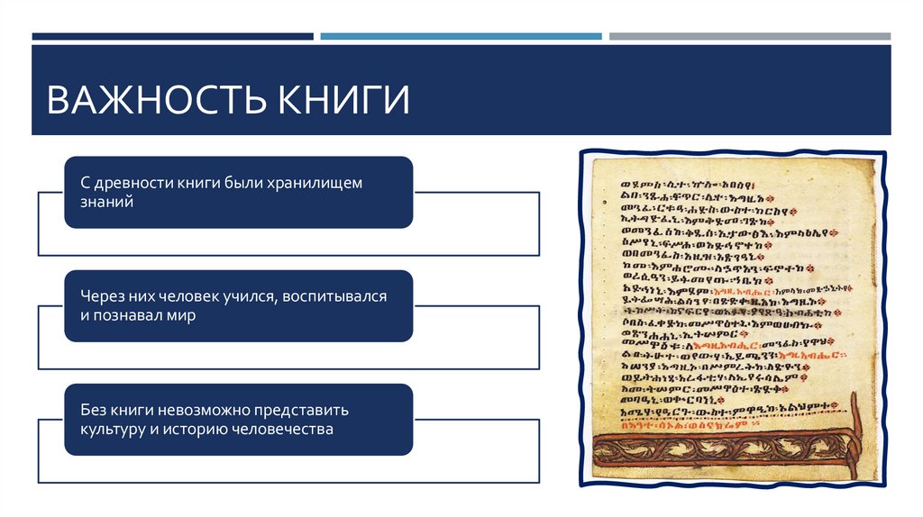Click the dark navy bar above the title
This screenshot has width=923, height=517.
tap(172, 37)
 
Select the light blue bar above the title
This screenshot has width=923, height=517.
tap(461, 37)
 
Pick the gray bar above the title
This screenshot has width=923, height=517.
tap(749, 37)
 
